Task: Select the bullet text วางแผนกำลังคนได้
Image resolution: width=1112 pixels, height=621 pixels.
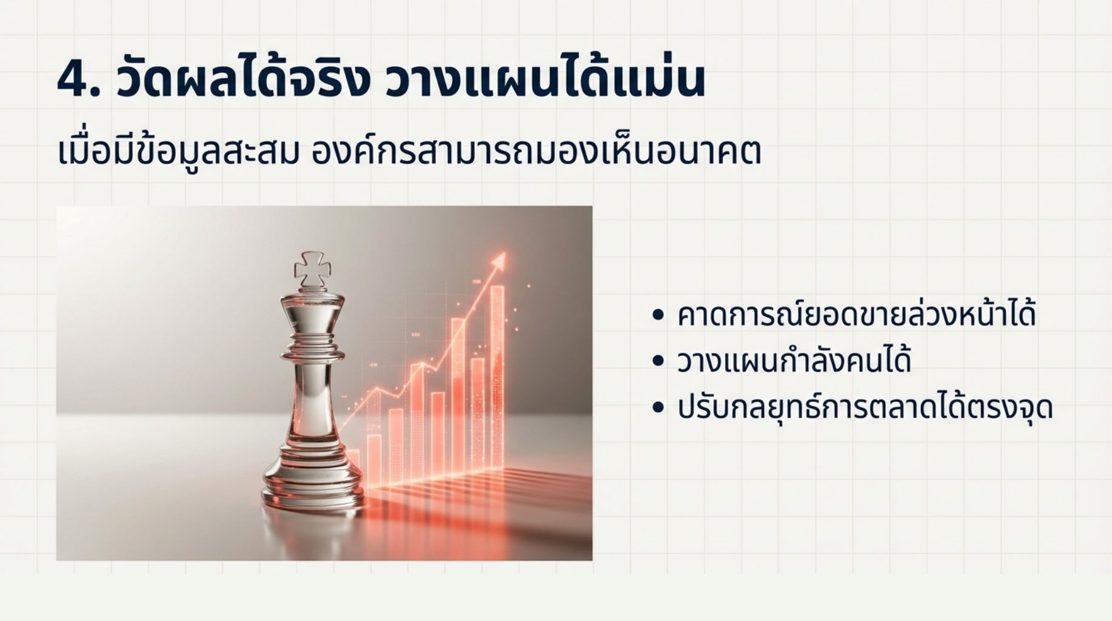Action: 794,360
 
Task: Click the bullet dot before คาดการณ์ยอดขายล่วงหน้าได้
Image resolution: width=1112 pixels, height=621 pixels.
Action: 658,315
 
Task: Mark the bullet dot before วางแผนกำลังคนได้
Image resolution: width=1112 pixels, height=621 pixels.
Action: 658,361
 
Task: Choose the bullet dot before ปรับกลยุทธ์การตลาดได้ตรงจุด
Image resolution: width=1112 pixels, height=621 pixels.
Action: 658,408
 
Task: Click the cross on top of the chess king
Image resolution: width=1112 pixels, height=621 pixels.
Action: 312,269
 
